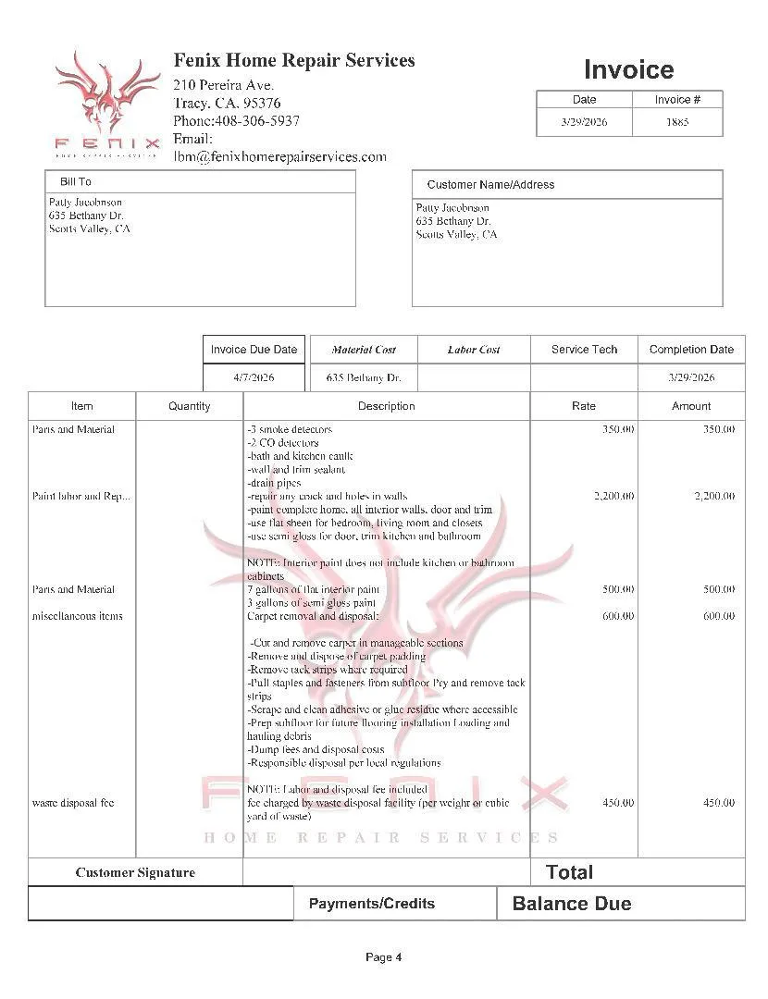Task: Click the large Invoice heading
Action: coord(628,69)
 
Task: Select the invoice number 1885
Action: coord(677,122)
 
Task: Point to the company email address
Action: coord(279,156)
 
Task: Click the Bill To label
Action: coord(76,182)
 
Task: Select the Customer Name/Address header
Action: coord(490,184)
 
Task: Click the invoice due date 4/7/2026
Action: coord(254,377)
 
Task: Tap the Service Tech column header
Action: coord(584,350)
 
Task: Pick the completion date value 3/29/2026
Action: coord(691,377)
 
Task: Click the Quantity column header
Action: coord(190,406)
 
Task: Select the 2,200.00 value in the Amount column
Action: coord(714,497)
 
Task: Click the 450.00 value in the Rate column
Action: coord(618,803)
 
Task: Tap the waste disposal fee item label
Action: coord(73,803)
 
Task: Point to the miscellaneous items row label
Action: coord(78,616)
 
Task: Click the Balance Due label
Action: coord(572,904)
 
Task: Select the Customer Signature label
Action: coord(135,872)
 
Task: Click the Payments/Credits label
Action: coord(371,904)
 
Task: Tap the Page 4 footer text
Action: coord(384,957)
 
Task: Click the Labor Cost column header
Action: coord(474,350)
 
